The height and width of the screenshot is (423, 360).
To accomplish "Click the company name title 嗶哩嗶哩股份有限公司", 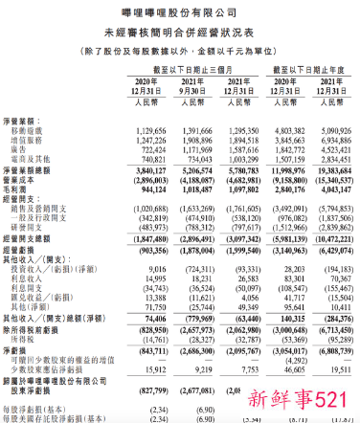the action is point(179,11).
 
